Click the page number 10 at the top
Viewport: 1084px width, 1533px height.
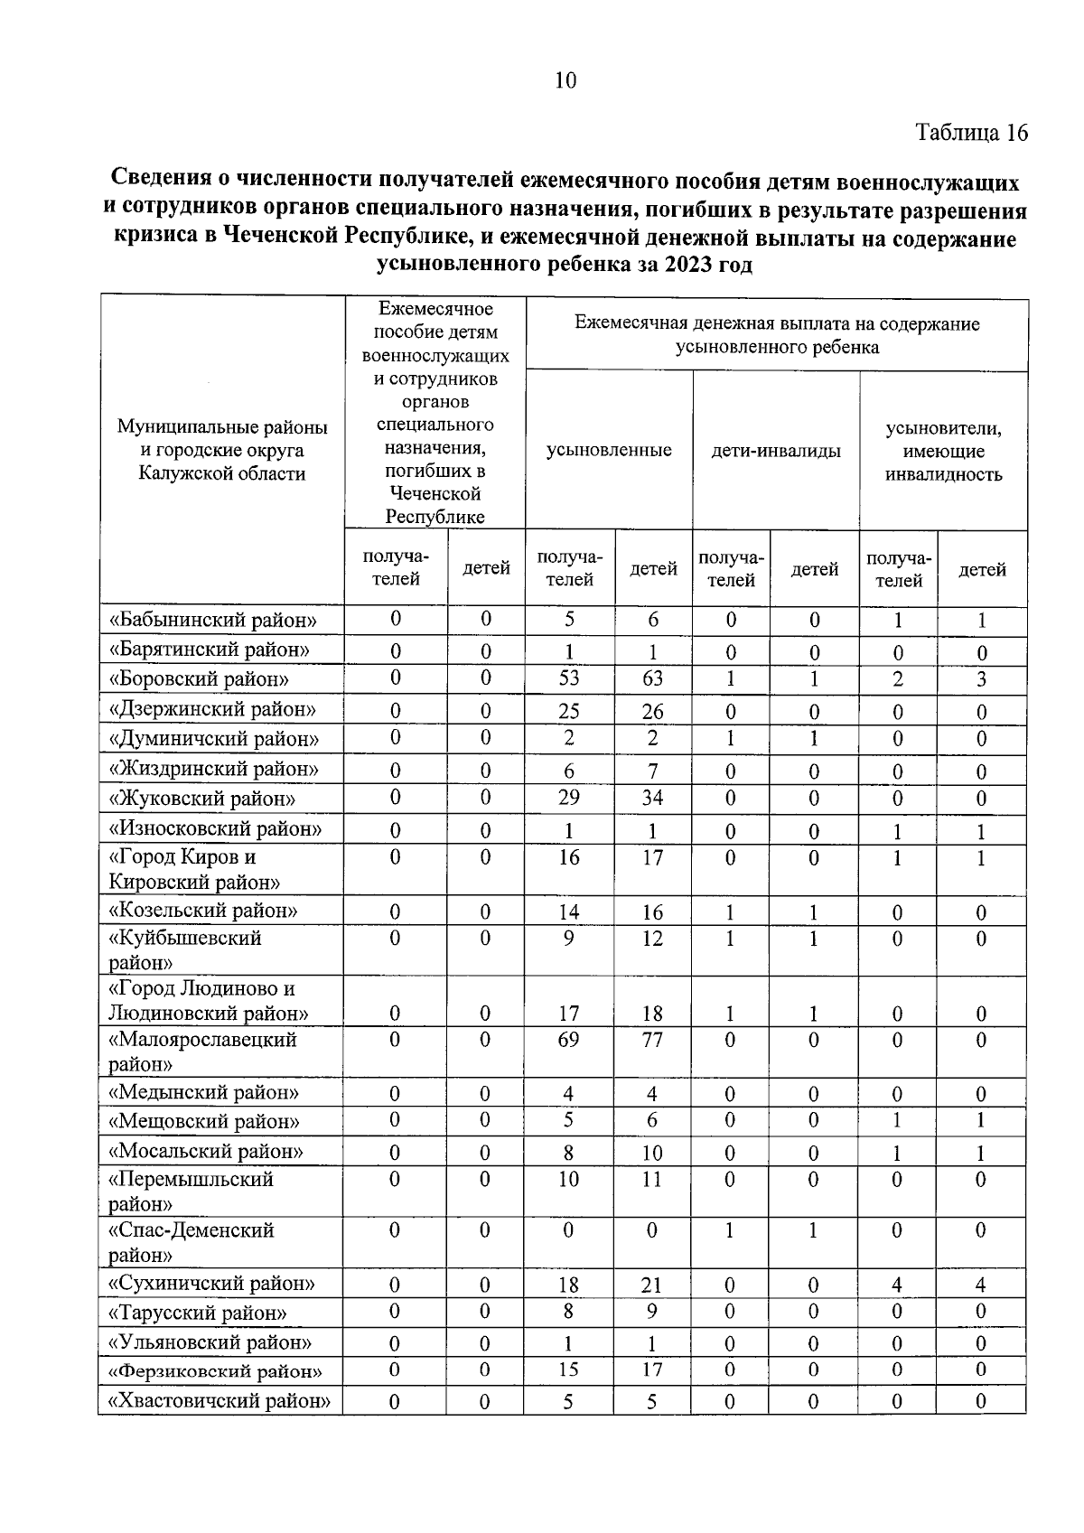tap(565, 81)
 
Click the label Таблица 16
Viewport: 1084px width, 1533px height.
tap(971, 133)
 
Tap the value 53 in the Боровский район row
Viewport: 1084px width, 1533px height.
tap(568, 678)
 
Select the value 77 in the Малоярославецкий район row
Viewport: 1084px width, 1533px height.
tap(652, 1040)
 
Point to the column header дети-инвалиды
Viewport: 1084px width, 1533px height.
tap(776, 450)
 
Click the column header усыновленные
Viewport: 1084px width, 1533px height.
tap(609, 450)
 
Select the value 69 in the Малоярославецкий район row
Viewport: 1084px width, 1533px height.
tap(568, 1040)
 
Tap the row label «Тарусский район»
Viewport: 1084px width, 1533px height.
tap(198, 1313)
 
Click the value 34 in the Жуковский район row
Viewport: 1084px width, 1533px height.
tap(652, 799)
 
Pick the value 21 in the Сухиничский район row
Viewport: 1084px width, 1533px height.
tap(652, 1285)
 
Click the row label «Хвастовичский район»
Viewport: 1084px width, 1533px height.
tap(220, 1401)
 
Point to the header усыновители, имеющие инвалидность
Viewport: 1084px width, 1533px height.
tap(943, 451)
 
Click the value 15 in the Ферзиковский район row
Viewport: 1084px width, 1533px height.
tap(568, 1370)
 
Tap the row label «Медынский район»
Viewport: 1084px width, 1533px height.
tap(203, 1093)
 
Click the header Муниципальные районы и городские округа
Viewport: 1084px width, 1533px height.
tap(222, 450)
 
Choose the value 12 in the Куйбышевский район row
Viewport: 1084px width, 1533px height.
tap(652, 939)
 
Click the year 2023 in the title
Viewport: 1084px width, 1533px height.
tap(689, 266)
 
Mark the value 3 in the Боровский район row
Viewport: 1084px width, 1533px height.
tap(981, 679)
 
